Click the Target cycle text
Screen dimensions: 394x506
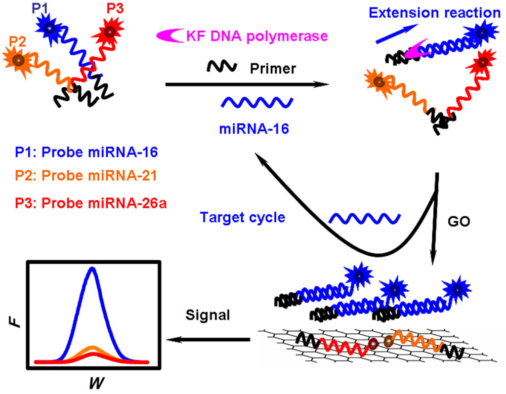[x=243, y=218]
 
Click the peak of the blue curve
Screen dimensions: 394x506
[x=91, y=269]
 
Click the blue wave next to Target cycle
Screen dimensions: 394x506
[x=364, y=218]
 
